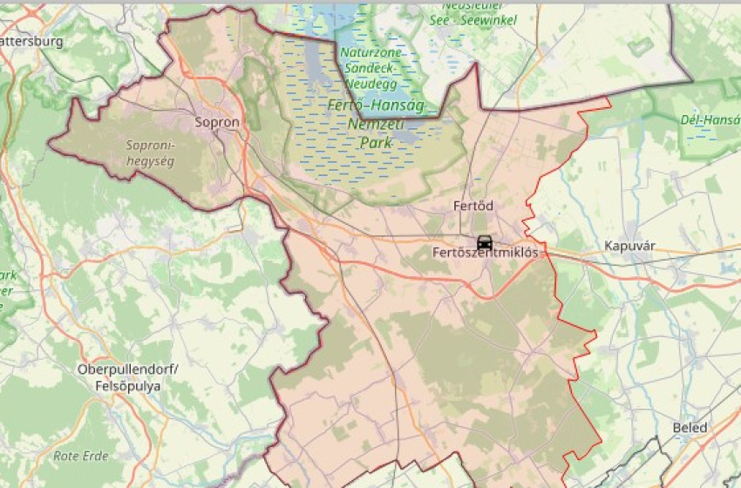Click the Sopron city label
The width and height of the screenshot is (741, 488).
click(x=217, y=123)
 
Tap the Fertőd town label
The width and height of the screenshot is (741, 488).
click(x=473, y=207)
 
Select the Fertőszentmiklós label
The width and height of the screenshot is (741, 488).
click(x=486, y=253)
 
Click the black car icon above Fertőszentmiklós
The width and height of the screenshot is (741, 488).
click(x=485, y=241)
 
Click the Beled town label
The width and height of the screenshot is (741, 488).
click(x=690, y=428)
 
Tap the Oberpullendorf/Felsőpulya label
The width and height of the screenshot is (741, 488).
click(x=127, y=377)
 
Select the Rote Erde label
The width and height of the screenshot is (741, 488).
click(x=80, y=456)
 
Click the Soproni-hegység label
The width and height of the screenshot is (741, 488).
click(x=151, y=153)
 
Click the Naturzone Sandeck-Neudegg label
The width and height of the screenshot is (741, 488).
click(x=370, y=67)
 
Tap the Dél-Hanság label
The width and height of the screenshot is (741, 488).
click(x=710, y=119)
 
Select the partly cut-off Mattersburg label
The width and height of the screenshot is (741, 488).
click(x=31, y=41)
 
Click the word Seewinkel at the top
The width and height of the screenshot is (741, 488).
click(x=488, y=20)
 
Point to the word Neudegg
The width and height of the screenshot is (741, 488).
click(x=370, y=83)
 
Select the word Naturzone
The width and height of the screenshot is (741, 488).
click(x=370, y=52)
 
